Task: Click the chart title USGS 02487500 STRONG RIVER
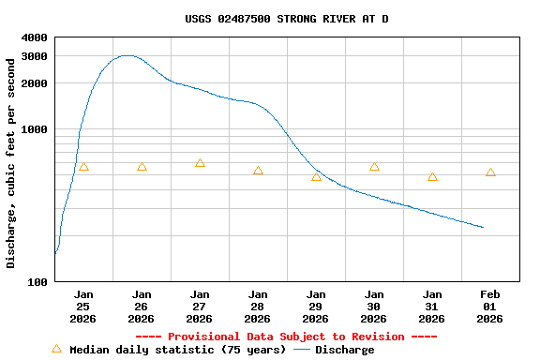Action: [286, 19]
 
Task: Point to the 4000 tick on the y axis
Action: [34, 37]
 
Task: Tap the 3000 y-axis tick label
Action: [34, 56]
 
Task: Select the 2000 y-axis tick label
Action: [34, 83]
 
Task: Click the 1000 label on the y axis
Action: [34, 129]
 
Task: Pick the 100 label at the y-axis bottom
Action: [37, 281]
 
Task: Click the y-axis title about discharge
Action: [11, 163]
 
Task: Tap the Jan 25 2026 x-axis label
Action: [83, 306]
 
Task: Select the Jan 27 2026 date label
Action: [200, 306]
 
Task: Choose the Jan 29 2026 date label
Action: [316, 306]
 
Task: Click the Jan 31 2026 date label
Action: [432, 306]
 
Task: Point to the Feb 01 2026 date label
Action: [490, 306]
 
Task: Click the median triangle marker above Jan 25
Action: [83, 167]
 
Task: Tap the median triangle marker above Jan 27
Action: [200, 163]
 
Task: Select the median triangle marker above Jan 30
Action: [374, 167]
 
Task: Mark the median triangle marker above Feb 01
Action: [490, 172]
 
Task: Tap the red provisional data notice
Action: [286, 337]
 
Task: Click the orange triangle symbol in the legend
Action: [56, 349]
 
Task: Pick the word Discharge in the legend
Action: [344, 350]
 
